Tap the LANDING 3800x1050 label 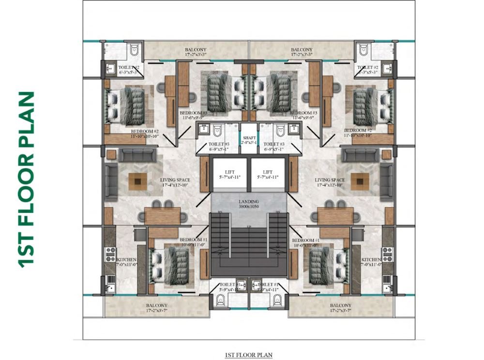[249, 204]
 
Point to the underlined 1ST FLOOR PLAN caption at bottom [249, 355]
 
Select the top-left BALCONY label [195, 52]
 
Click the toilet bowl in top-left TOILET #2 [135, 51]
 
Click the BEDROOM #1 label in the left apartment [194, 242]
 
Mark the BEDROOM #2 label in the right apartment [358, 133]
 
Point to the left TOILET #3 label [219, 147]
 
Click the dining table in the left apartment [163, 216]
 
